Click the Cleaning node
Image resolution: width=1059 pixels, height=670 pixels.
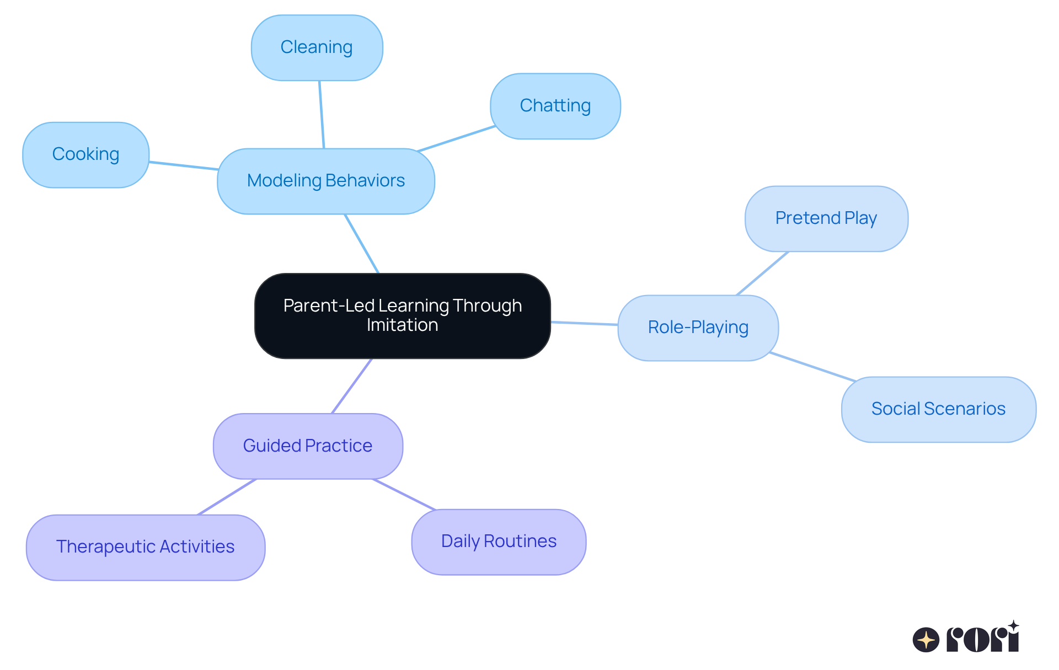[x=317, y=48]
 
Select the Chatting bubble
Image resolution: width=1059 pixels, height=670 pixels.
[x=555, y=106]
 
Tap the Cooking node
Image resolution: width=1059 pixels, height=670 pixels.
[x=85, y=154]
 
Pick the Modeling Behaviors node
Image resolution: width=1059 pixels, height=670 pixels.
[x=325, y=181]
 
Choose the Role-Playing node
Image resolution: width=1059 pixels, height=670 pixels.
[x=698, y=328]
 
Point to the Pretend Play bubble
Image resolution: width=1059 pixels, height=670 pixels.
[x=826, y=218]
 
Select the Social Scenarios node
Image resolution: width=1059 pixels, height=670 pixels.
[x=938, y=409]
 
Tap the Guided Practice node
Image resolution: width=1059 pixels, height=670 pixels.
[x=308, y=446]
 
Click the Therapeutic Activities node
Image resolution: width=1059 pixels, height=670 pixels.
[x=145, y=547]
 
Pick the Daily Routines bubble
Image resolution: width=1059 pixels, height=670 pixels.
[x=498, y=542]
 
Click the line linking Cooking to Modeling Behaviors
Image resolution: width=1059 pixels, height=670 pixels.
[x=183, y=165]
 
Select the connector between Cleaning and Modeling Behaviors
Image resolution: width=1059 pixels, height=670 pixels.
[x=322, y=115]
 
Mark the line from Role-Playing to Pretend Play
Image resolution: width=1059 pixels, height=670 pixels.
[x=763, y=273]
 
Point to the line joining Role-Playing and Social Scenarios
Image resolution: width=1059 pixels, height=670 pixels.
[x=812, y=367]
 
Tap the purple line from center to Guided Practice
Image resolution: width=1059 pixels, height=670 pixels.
[x=352, y=386]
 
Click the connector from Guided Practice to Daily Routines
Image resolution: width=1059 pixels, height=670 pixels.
[x=404, y=494]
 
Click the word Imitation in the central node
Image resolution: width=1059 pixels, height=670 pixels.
[x=402, y=325]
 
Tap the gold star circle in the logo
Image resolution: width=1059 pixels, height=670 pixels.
[x=926, y=640]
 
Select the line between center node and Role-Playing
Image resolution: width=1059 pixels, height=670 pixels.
[x=584, y=323]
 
